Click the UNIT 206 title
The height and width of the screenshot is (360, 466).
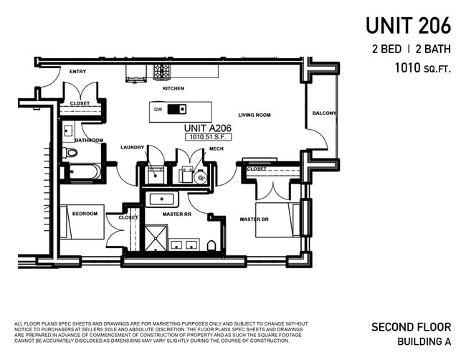pyautogui.click(x=408, y=25)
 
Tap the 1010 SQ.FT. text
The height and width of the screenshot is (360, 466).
pyautogui.click(x=422, y=69)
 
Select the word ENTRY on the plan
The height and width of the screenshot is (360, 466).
pyautogui.click(x=77, y=72)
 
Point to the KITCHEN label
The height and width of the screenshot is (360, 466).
pyautogui.click(x=173, y=88)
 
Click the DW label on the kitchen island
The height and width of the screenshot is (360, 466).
pyautogui.click(x=158, y=110)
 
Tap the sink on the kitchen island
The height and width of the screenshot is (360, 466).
pyautogui.click(x=181, y=110)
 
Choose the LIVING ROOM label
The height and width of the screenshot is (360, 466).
pyautogui.click(x=254, y=115)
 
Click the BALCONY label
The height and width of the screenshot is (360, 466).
pyautogui.click(x=323, y=113)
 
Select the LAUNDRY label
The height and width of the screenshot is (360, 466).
pyautogui.click(x=132, y=147)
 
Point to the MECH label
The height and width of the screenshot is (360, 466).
pyautogui.click(x=216, y=148)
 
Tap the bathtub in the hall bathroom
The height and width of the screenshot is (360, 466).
pyautogui.click(x=85, y=172)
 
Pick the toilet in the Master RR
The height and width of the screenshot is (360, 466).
pyautogui.click(x=211, y=246)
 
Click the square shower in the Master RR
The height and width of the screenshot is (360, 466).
pyautogui.click(x=156, y=237)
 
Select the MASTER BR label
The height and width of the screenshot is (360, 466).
pyautogui.click(x=254, y=219)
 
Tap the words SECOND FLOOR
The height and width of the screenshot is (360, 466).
pyautogui.click(x=411, y=327)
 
